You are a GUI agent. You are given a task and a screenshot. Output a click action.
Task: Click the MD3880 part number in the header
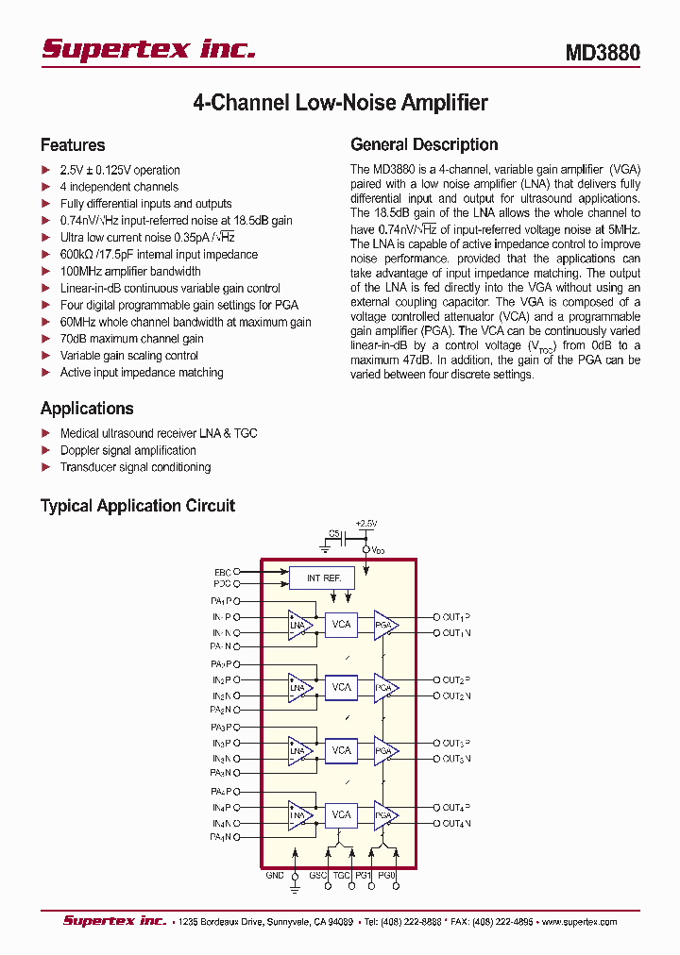603,53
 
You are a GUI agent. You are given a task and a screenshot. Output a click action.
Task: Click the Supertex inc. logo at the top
148,49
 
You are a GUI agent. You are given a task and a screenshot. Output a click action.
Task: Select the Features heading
73,145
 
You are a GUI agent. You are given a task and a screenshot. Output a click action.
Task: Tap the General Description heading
424,144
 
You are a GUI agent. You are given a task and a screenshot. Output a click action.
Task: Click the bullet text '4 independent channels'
119,187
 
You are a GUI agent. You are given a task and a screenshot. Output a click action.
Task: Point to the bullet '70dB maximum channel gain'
131,339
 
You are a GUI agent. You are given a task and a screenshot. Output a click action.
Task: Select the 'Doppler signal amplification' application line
127,450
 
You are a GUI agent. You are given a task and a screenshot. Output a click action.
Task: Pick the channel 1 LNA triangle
299,625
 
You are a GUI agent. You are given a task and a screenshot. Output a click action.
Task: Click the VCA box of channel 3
341,750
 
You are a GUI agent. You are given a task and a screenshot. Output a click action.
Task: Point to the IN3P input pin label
221,744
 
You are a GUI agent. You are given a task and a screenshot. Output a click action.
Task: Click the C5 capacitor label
334,533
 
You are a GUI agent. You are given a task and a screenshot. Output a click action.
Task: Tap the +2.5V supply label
366,523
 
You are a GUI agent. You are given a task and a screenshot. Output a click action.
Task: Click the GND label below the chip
275,875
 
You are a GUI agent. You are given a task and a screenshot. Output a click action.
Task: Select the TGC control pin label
342,875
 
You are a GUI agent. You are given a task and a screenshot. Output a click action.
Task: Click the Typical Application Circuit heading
138,506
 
